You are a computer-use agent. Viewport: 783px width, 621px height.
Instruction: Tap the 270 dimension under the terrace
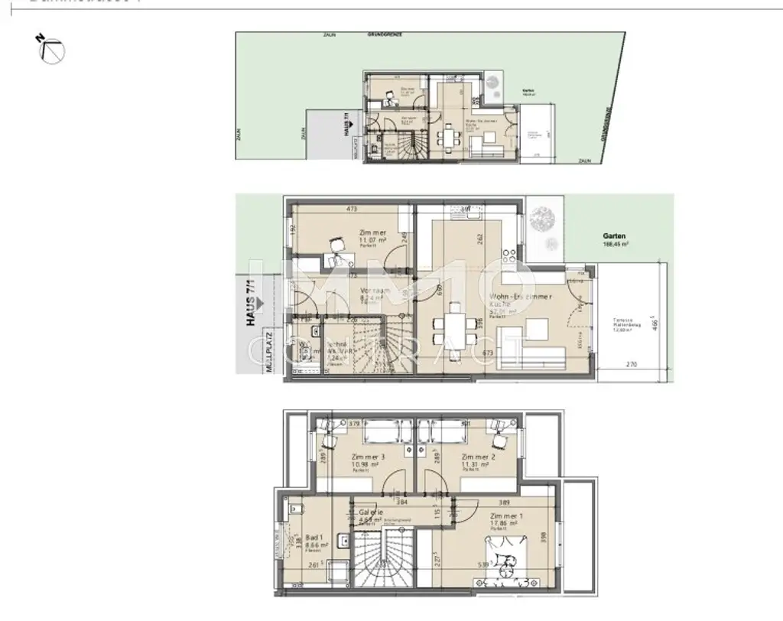pos(632,366)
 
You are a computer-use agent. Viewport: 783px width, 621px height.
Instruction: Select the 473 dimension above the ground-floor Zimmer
pos(353,208)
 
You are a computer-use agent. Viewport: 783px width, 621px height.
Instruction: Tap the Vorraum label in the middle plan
pos(376,292)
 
